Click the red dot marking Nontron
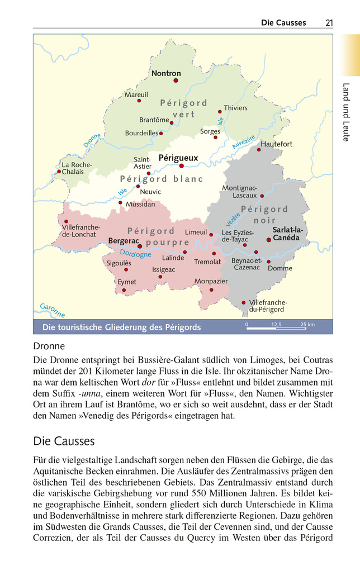(x=176, y=80)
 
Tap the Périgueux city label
(x=178, y=158)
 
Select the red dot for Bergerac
(x=139, y=244)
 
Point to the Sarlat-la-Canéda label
(x=287, y=234)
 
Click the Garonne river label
(x=52, y=310)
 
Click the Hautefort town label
(x=277, y=144)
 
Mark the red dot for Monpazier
(x=211, y=289)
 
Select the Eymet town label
(x=127, y=282)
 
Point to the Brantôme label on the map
(x=154, y=120)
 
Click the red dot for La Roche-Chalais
(x=59, y=172)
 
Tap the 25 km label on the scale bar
(x=307, y=324)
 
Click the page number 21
(x=329, y=23)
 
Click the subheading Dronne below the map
(x=49, y=346)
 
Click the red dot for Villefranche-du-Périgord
(x=243, y=302)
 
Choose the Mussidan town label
(x=140, y=205)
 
